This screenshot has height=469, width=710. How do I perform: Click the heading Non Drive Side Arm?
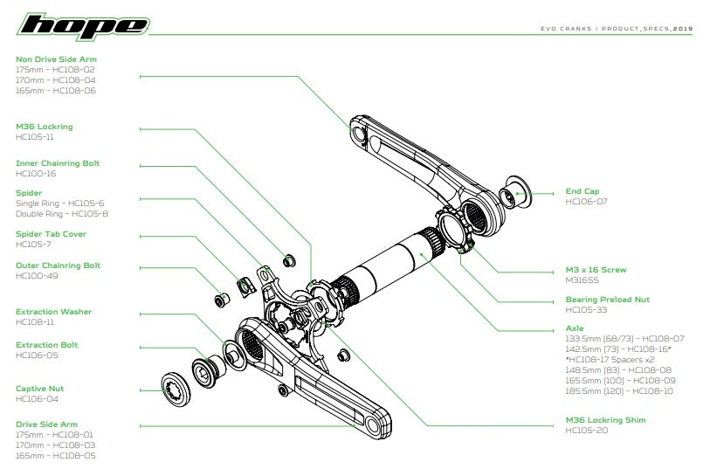coord(56,59)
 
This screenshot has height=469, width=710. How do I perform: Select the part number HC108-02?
coord(74,69)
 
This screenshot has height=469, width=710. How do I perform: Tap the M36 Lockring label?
coord(45,127)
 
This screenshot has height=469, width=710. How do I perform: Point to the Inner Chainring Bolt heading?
coord(58,163)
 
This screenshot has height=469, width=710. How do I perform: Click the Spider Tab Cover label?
coord(51,234)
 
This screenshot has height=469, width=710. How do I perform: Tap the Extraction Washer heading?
coord(53,312)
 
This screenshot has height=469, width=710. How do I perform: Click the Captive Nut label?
coord(39,389)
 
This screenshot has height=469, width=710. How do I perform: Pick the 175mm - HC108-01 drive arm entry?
coord(54,434)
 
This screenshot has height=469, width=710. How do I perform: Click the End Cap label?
coord(582,191)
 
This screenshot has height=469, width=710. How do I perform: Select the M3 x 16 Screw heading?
coord(596,270)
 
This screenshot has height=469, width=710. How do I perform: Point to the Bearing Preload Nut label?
coord(607,300)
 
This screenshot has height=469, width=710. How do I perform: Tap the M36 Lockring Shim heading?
coord(605,420)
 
